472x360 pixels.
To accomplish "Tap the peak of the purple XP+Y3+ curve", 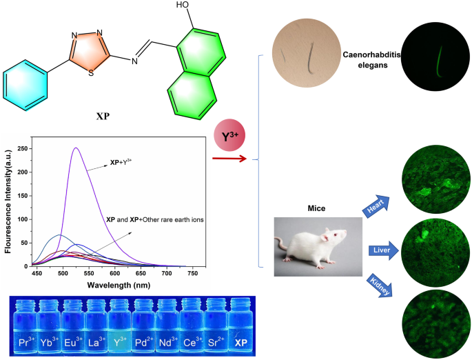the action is click(x=76, y=148).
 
